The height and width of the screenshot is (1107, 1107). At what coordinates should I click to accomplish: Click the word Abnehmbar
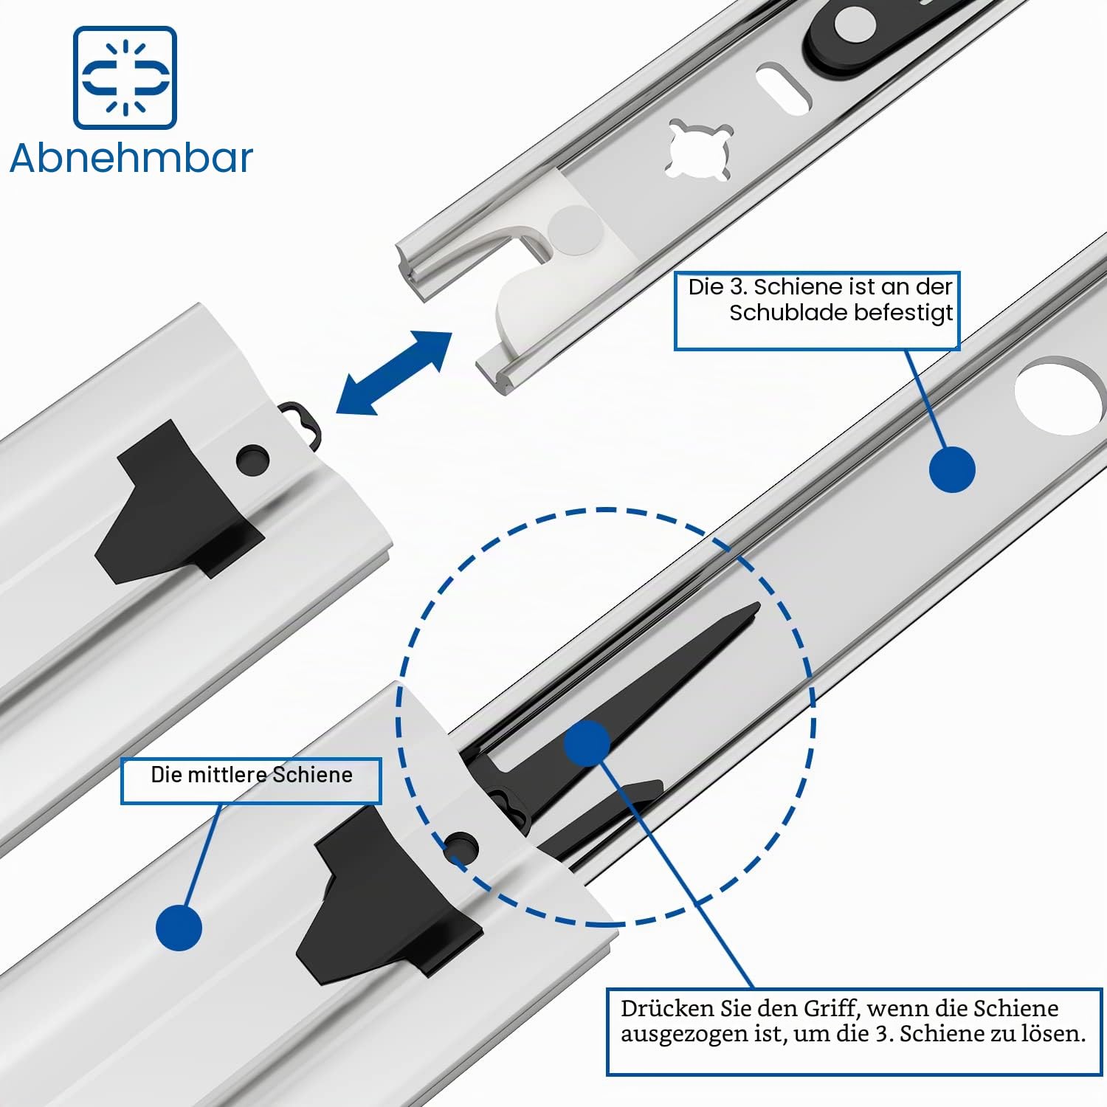pyautogui.click(x=131, y=158)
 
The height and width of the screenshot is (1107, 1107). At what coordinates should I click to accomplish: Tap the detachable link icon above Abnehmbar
pyautogui.click(x=125, y=77)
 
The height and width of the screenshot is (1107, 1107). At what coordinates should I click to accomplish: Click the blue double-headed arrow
pyautogui.click(x=394, y=373)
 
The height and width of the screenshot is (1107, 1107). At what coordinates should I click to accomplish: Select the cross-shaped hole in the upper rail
pyautogui.click(x=700, y=150)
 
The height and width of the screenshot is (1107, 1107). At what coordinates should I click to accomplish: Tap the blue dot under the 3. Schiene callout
pyautogui.click(x=952, y=469)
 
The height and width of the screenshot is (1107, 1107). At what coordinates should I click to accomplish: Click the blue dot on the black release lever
pyautogui.click(x=587, y=743)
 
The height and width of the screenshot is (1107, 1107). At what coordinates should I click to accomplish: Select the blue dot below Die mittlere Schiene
pyautogui.click(x=179, y=927)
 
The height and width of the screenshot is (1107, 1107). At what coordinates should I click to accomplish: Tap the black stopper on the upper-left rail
pyautogui.click(x=177, y=502)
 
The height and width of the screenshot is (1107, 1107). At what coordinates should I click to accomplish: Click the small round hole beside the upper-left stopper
pyautogui.click(x=252, y=460)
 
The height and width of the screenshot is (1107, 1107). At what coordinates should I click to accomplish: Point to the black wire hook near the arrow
pyautogui.click(x=304, y=424)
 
